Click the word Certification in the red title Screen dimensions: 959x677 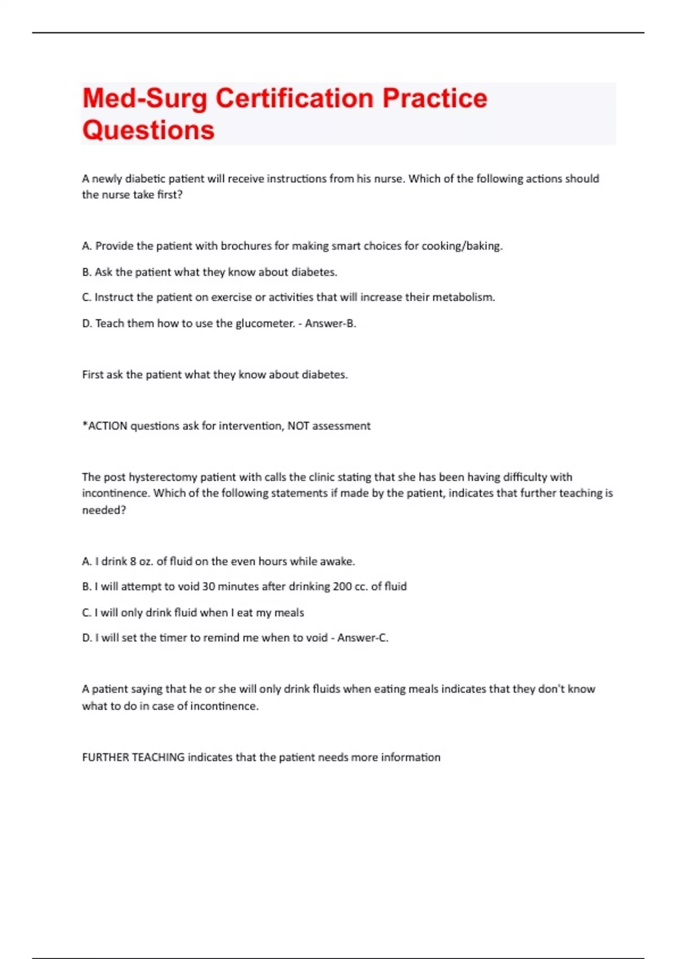pos(294,98)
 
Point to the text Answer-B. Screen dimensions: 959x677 pos(331,323)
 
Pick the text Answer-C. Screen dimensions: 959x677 pos(363,638)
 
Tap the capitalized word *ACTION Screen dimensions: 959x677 pos(105,426)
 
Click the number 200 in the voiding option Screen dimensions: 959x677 pos(342,587)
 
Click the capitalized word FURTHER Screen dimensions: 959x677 pos(105,757)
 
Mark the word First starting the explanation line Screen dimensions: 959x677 pos(93,375)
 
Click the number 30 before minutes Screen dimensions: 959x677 pos(209,587)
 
